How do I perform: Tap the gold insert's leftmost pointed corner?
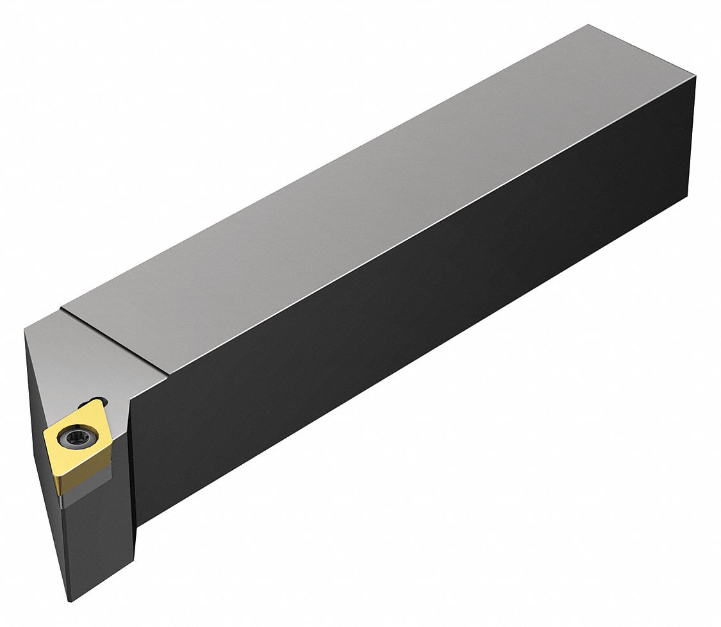tap(44, 435)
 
